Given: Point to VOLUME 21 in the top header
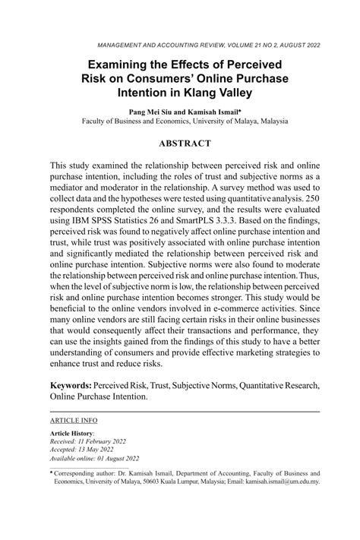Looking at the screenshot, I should pyautogui.click(x=216, y=45).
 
